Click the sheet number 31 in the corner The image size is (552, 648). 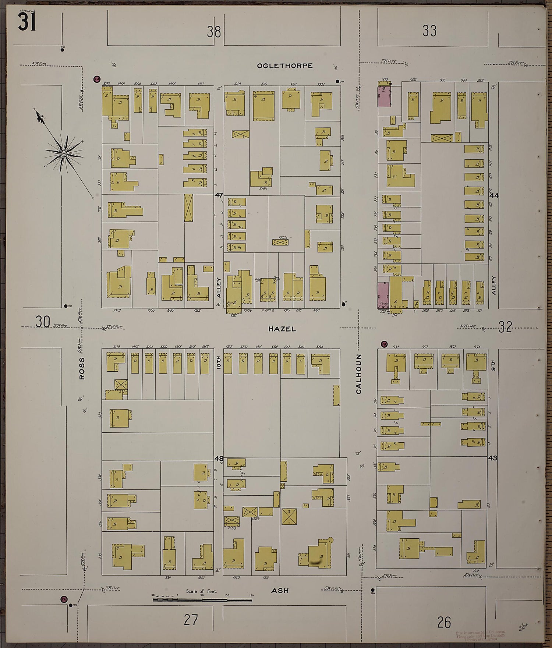[26, 23]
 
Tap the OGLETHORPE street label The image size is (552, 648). [285, 66]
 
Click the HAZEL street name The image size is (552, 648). [282, 329]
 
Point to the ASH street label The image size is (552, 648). [280, 591]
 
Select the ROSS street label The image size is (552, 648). [82, 368]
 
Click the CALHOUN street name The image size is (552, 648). [359, 374]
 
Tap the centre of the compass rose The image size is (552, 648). [64, 153]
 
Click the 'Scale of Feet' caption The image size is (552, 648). [201, 591]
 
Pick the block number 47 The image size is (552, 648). [219, 195]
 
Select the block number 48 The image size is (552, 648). [219, 458]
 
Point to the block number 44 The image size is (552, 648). [494, 195]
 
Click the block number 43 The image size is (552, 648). [493, 458]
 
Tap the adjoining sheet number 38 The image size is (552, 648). [213, 32]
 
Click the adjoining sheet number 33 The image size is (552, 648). [429, 31]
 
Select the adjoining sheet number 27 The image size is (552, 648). [191, 620]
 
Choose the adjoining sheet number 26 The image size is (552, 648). [444, 623]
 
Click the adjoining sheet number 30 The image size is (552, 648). [43, 322]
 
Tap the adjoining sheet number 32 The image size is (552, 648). [505, 327]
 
